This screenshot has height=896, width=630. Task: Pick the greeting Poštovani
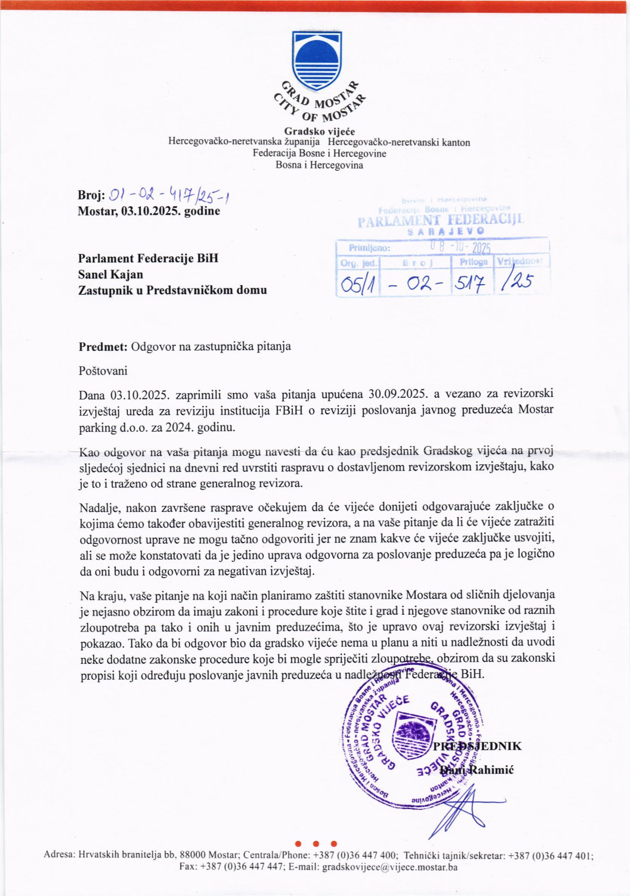tap(103, 370)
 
